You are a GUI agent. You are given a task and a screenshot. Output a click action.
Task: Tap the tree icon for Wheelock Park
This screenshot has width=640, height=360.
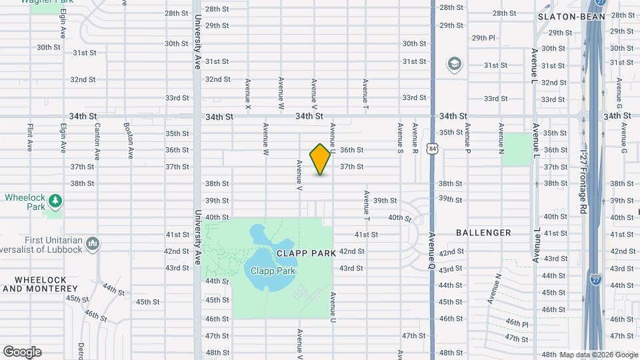pyautogui.click(x=55, y=200)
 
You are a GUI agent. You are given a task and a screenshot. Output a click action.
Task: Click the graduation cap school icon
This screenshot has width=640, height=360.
pyautogui.click(x=455, y=63)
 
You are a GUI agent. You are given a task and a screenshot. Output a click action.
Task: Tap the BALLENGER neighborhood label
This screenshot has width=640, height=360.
pyautogui.click(x=483, y=233)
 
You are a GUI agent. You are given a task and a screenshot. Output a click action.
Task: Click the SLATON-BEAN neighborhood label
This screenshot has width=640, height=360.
pyautogui.click(x=561, y=17)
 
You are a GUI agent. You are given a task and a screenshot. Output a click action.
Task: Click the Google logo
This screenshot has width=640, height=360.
pyautogui.click(x=22, y=352)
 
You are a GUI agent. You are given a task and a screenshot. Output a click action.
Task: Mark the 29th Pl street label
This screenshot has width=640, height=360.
pyautogui.click(x=483, y=38)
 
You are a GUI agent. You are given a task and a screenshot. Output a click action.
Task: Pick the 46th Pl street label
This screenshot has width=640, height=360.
pyautogui.click(x=517, y=323)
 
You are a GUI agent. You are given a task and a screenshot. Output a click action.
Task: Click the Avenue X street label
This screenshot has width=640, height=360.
pyautogui.click(x=248, y=95)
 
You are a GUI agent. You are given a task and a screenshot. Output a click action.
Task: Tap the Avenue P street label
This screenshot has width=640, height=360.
pyautogui.click(x=468, y=135)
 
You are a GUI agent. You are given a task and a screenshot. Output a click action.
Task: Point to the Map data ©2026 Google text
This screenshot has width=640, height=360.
pyautogui.click(x=599, y=355)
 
